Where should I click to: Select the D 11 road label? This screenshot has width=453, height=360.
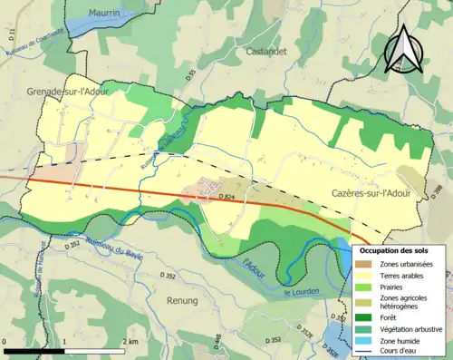tap(14, 35)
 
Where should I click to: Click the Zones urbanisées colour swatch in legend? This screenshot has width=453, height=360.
tap(366, 263)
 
